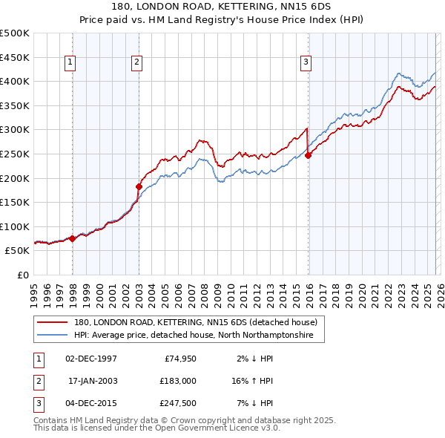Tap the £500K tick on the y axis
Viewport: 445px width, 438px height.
tap(15, 33)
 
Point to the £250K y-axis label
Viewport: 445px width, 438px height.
tap(15, 154)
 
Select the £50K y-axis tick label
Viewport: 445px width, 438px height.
tap(18, 251)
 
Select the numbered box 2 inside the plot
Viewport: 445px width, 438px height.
tap(138, 63)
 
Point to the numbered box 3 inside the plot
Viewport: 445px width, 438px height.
tap(306, 63)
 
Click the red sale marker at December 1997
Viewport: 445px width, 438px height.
tap(72, 238)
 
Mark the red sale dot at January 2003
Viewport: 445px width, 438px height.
tap(139, 186)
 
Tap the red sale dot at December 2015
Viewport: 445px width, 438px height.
tap(308, 155)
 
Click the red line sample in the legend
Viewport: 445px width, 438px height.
tap(53, 322)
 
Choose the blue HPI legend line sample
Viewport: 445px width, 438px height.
tap(53, 336)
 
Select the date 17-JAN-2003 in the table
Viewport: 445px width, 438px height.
tap(93, 381)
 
